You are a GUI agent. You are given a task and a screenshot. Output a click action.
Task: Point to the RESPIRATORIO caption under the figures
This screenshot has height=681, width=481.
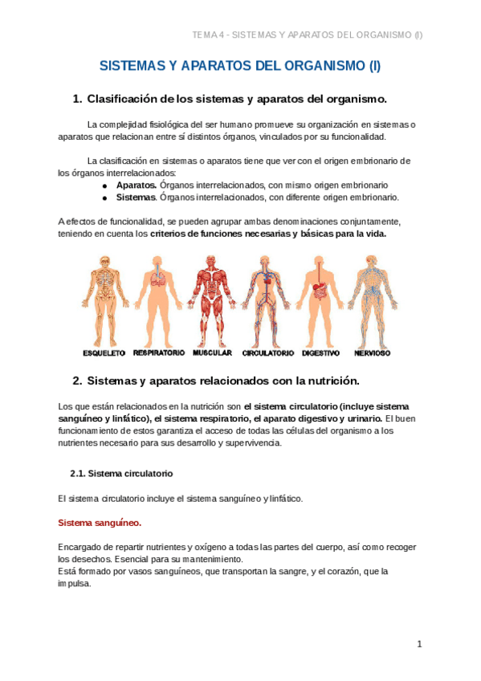point(159,353)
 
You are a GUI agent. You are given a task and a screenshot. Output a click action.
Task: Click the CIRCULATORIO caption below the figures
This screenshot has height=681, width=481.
point(267,353)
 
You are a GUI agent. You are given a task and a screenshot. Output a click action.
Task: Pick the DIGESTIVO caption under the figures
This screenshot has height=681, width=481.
point(321,353)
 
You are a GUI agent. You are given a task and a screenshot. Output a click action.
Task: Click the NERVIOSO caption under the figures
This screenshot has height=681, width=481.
point(371,353)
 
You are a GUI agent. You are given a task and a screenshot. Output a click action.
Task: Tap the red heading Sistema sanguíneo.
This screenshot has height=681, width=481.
point(100,523)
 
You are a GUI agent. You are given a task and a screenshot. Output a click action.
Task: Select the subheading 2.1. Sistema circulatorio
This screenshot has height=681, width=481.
point(121,473)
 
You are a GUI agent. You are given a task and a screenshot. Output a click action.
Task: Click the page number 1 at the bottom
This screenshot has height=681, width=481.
point(419,644)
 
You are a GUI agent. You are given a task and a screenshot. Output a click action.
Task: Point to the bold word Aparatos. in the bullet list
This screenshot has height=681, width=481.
point(136,185)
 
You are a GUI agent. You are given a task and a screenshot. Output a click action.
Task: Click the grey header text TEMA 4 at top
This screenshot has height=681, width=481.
point(207,35)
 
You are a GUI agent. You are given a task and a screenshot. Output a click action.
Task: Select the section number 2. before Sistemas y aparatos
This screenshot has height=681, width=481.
point(77,380)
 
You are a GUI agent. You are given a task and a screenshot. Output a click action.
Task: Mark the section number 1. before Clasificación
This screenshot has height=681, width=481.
point(77,99)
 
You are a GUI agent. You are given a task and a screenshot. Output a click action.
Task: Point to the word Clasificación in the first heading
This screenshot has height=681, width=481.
point(121,99)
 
